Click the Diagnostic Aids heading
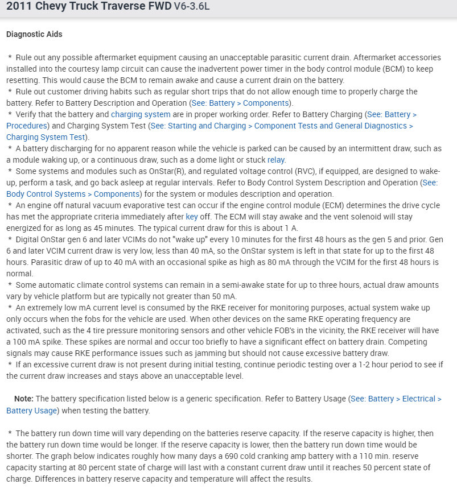(34, 34)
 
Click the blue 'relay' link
(276, 160)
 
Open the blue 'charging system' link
(141, 114)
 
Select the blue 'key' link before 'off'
(192, 217)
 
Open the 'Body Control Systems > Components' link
(73, 194)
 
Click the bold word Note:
(23, 399)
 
